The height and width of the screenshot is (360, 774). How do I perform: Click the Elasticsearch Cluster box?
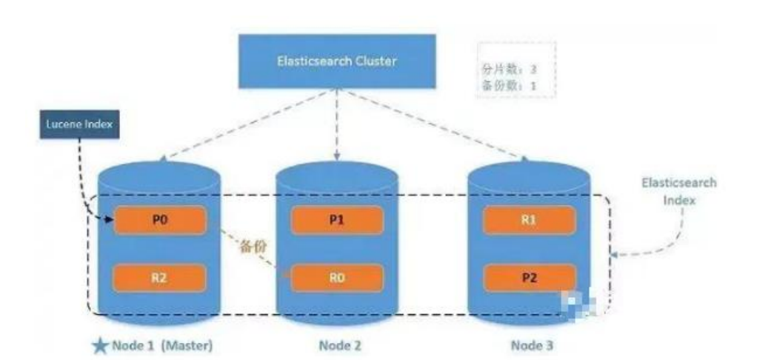337,61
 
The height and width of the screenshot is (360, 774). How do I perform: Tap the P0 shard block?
159,220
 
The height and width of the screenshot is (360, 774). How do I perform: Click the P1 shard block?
336,220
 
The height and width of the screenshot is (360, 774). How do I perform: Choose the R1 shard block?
529,220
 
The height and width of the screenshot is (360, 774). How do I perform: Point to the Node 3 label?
532,346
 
